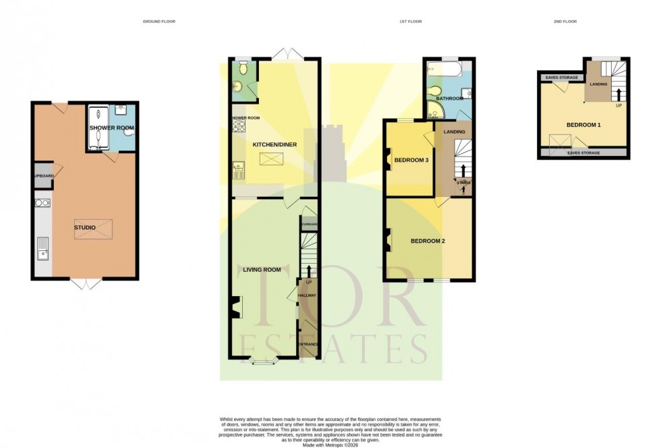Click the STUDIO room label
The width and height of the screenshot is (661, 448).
tap(84, 227)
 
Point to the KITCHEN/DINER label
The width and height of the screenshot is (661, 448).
tap(275, 145)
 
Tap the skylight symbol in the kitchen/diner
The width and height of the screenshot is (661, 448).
tap(274, 159)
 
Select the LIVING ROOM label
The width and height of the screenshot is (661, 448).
tap(262, 270)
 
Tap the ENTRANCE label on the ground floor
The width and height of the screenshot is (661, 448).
tap(308, 345)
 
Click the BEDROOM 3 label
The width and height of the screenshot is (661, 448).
tap(411, 160)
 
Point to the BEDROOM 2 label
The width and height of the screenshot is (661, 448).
tap(428, 241)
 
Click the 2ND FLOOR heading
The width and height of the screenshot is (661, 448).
tap(565, 22)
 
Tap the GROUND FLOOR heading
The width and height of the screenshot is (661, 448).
tap(159, 22)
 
